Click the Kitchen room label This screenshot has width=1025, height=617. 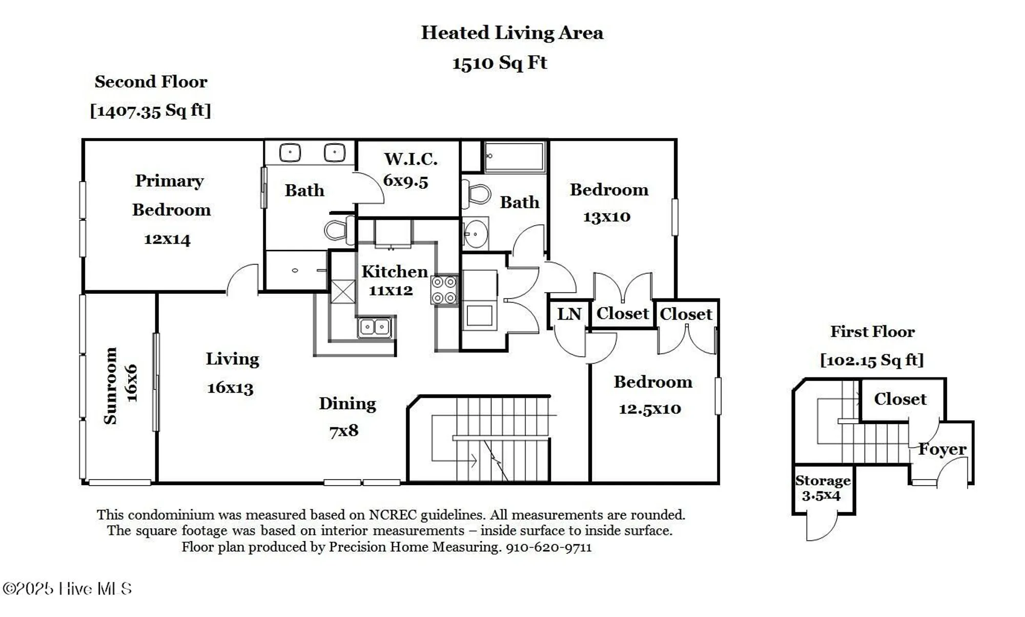click(394, 271)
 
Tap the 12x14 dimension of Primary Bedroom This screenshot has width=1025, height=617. click(167, 239)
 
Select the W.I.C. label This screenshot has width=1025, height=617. click(411, 159)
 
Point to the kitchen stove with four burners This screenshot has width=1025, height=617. click(444, 290)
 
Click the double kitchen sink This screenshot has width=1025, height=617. click(375, 327)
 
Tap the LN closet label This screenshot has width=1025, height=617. click(569, 314)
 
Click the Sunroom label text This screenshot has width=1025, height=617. click(111, 386)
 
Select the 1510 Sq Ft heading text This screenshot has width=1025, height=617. click(500, 63)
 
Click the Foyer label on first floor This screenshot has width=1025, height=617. click(942, 449)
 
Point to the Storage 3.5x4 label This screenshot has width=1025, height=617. click(823, 488)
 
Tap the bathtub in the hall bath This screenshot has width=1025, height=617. click(515, 156)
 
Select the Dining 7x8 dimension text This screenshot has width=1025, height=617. click(344, 431)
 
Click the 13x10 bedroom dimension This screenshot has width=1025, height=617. click(606, 217)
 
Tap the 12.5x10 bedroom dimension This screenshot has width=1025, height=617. click(650, 409)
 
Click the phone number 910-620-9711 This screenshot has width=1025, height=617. click(548, 547)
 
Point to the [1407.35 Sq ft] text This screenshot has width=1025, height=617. click(150, 110)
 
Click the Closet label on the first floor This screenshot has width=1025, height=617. click(900, 399)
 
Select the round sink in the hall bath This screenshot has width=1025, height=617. click(476, 234)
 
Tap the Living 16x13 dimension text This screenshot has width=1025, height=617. click(230, 388)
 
